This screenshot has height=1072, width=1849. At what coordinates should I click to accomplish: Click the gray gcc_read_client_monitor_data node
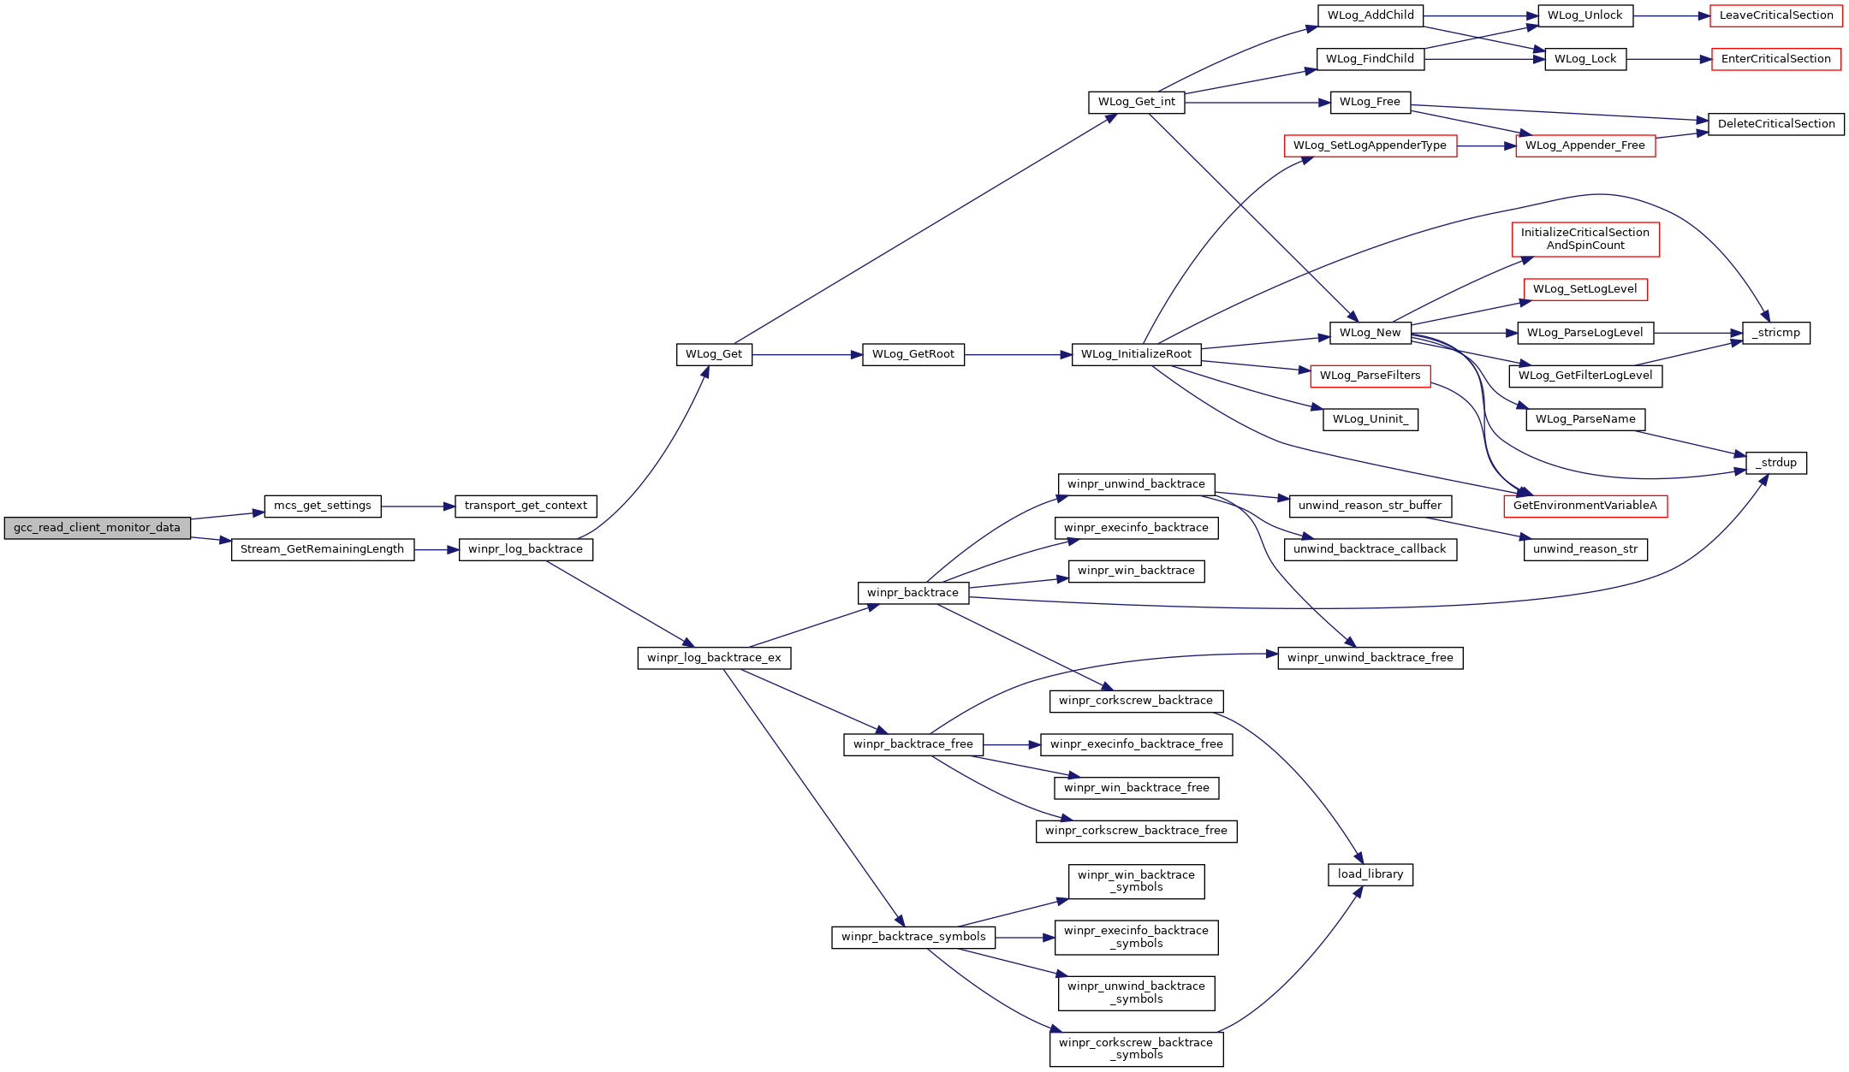(98, 528)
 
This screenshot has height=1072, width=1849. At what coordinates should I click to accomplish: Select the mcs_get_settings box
(323, 506)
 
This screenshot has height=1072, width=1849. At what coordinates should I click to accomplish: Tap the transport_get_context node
(526, 506)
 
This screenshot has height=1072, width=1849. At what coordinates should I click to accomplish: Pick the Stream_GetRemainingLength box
(323, 549)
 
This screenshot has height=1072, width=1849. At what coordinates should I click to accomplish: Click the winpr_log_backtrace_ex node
(714, 658)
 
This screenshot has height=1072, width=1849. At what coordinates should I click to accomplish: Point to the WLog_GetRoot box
(913, 354)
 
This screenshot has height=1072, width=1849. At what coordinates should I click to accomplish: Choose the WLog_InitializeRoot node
(1136, 354)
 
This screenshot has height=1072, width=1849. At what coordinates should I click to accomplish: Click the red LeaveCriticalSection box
(1776, 15)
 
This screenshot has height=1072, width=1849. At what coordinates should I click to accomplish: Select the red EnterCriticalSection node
(1776, 59)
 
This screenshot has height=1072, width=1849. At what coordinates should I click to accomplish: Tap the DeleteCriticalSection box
(1776, 124)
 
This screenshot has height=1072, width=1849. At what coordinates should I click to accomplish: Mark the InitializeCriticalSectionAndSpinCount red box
(1585, 239)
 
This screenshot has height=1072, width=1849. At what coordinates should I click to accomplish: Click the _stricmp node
(1776, 333)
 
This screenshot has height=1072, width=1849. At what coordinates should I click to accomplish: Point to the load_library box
(1370, 874)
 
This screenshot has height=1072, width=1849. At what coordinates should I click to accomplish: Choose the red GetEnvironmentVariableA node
(1585, 506)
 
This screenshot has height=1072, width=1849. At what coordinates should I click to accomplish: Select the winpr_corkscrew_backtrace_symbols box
(1136, 1049)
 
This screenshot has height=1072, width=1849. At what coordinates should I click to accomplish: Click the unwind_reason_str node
(1585, 549)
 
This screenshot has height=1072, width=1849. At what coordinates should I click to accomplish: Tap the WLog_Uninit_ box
(1370, 419)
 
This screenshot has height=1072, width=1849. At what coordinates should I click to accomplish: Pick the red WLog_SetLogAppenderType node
(1370, 145)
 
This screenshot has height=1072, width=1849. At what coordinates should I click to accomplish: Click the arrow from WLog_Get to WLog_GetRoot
(807, 354)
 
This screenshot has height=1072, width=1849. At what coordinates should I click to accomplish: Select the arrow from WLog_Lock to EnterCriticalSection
(1669, 59)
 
